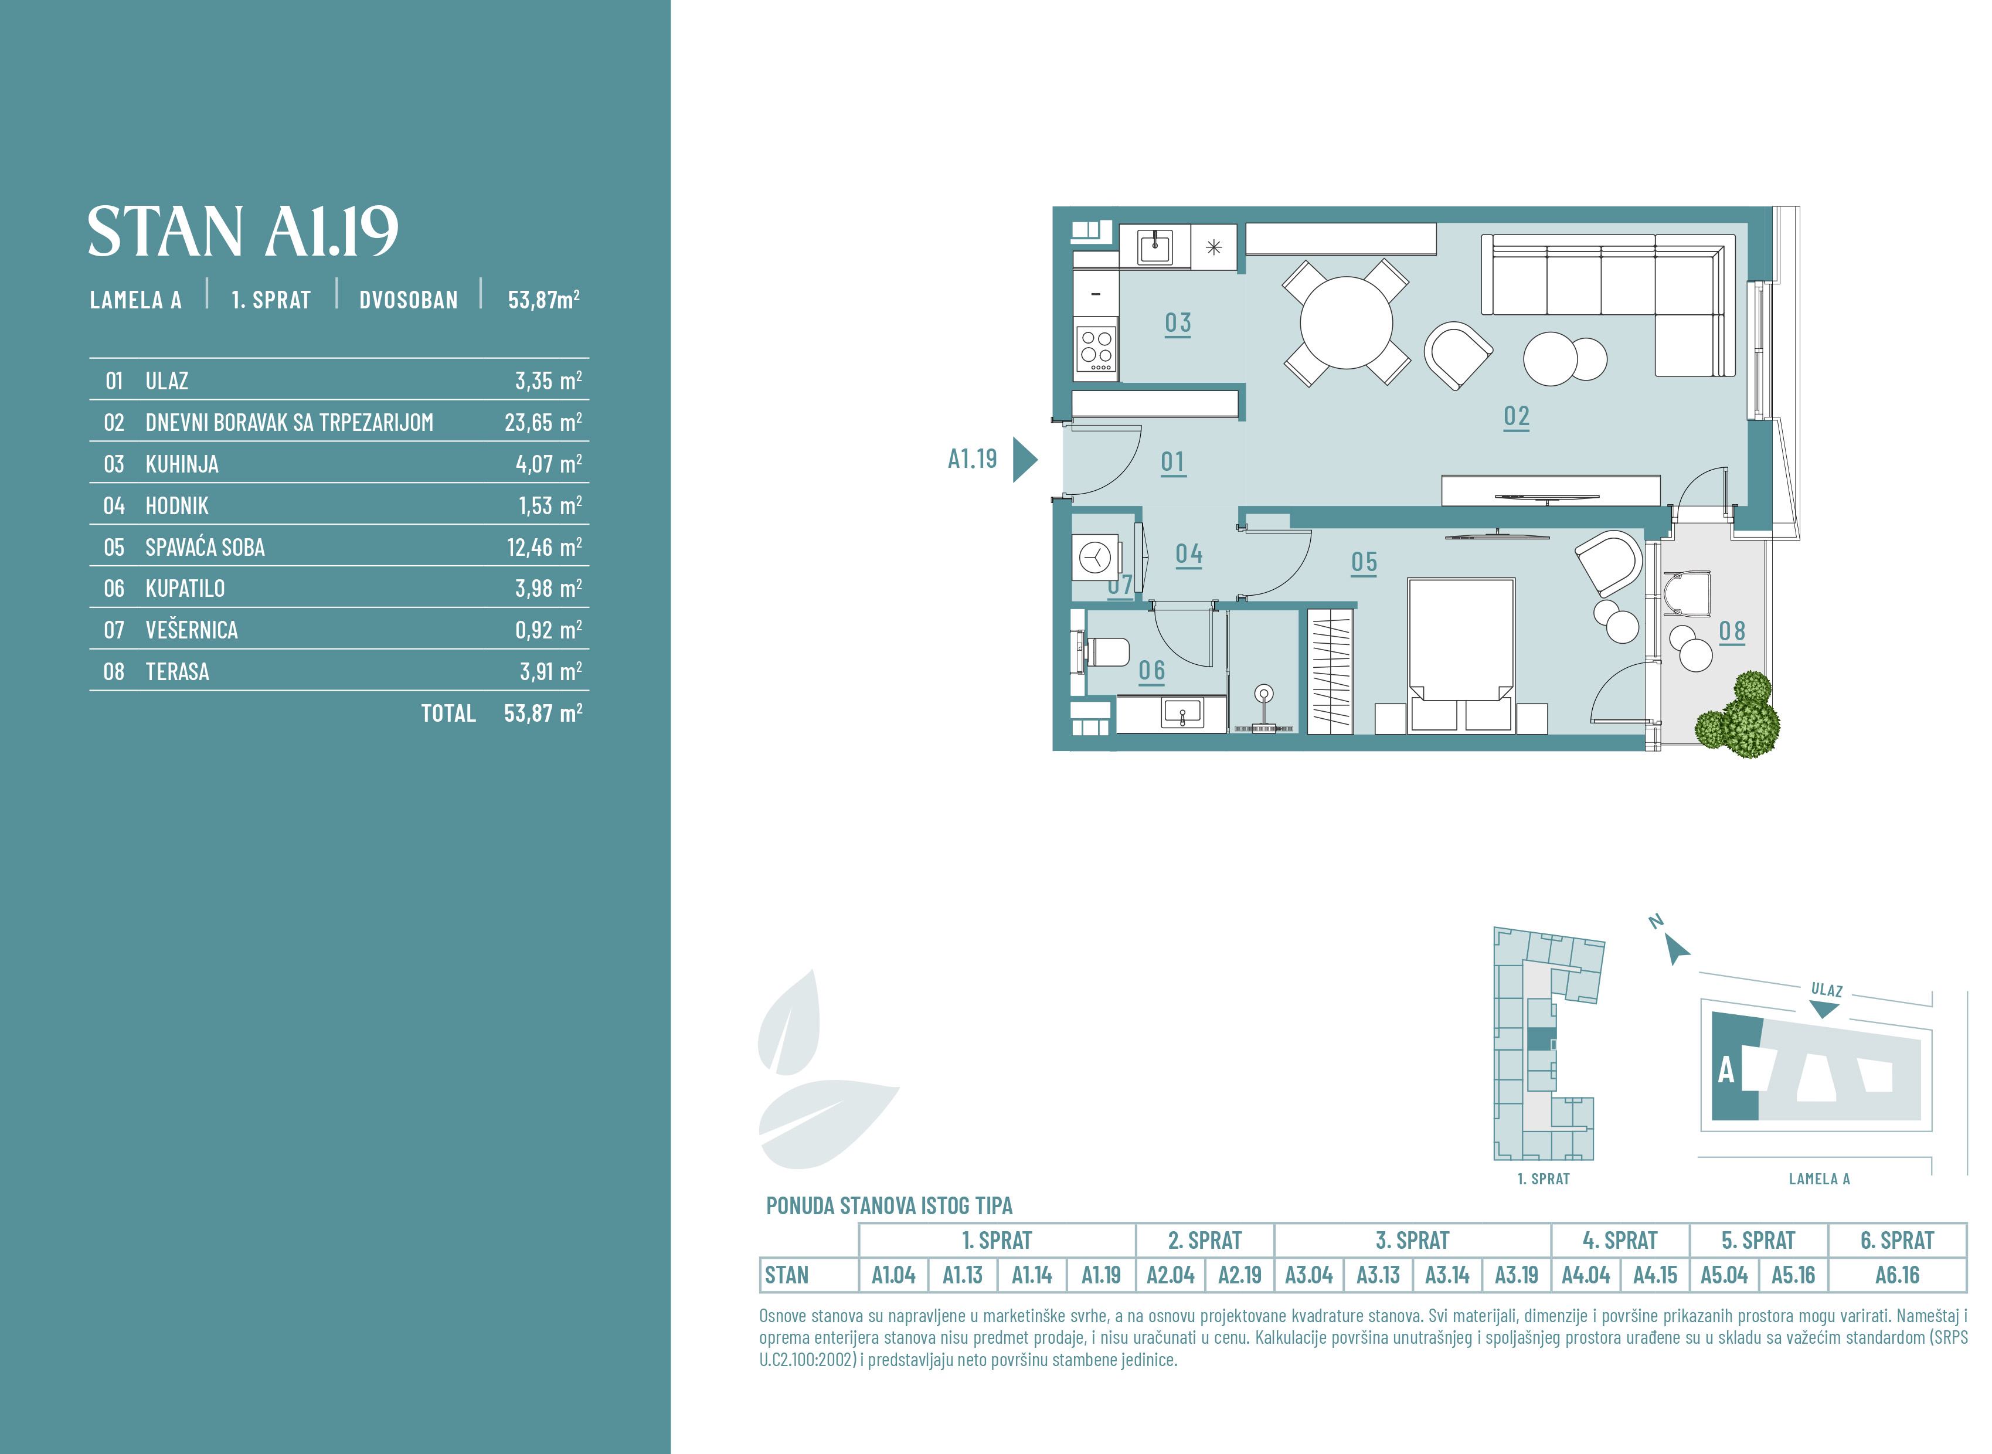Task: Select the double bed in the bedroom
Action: (x=1460, y=655)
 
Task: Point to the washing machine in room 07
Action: (x=1096, y=557)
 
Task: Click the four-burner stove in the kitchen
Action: (x=1096, y=348)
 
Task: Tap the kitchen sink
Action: (x=1154, y=247)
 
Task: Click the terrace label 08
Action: (x=1732, y=632)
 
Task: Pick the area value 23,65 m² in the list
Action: (x=543, y=423)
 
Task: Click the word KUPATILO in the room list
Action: (x=185, y=588)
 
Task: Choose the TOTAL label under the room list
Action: (x=448, y=713)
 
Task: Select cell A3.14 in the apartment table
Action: (x=1446, y=1275)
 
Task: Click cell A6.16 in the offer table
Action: (x=1897, y=1275)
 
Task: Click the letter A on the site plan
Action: (x=1726, y=1070)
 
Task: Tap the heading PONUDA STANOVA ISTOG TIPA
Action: (x=889, y=1206)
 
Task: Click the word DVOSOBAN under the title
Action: (x=408, y=300)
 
